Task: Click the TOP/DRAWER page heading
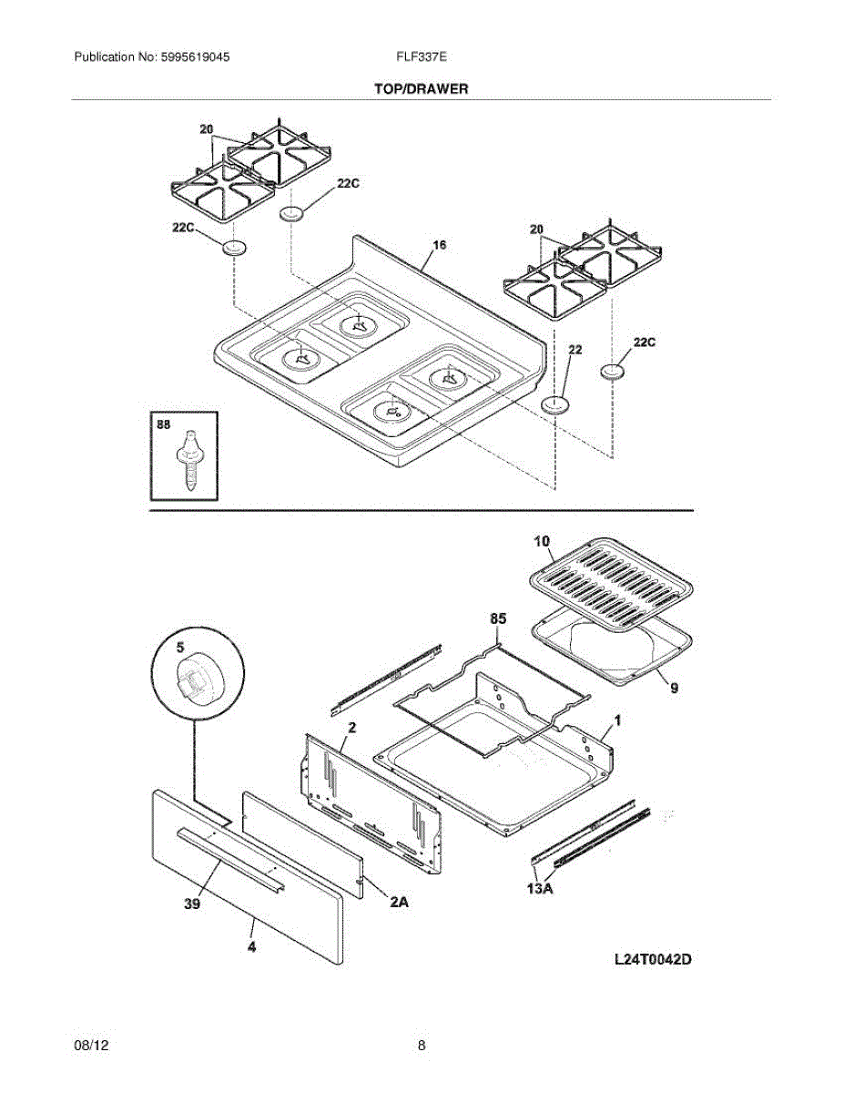click(x=421, y=89)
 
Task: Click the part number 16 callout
click(x=439, y=246)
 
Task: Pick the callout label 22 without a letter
click(x=575, y=349)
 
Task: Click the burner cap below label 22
click(x=554, y=403)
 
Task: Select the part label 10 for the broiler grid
click(x=542, y=542)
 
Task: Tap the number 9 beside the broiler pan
click(x=675, y=689)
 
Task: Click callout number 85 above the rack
click(x=498, y=619)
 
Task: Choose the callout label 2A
click(x=400, y=903)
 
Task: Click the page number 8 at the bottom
click(x=422, y=1047)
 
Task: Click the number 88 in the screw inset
click(x=165, y=424)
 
